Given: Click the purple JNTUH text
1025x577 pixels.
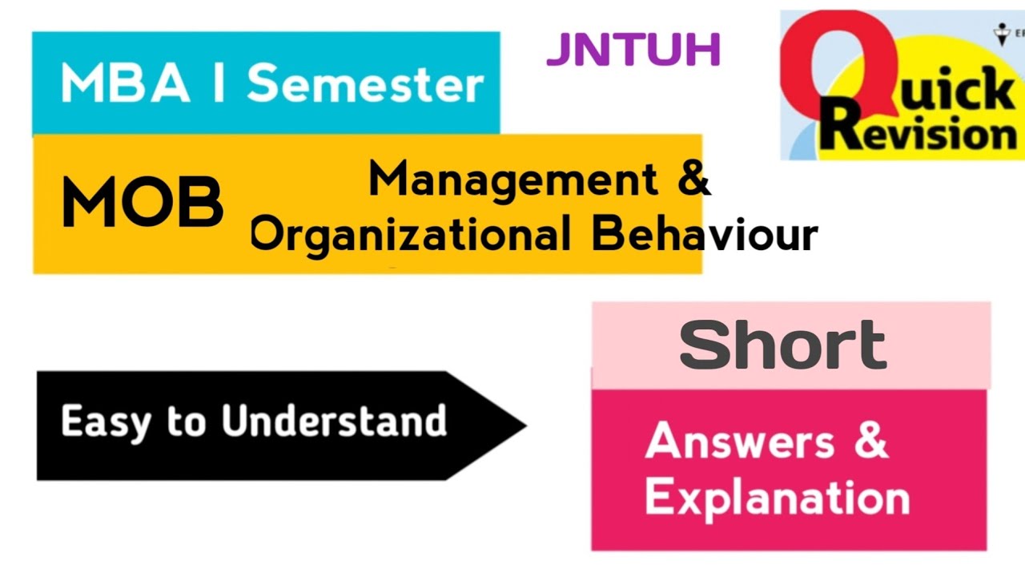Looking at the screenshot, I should pyautogui.click(x=633, y=50).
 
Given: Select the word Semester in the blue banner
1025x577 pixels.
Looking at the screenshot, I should pyautogui.click(x=365, y=84).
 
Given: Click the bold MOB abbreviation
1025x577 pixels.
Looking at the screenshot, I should pyautogui.click(x=143, y=202).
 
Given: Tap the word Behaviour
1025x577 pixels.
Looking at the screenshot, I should pyautogui.click(x=705, y=235).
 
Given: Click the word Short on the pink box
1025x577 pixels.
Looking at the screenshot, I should pyautogui.click(x=782, y=345).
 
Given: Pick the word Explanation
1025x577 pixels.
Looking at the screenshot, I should pyautogui.click(x=777, y=498).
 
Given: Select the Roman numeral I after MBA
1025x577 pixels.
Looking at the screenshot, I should pyautogui.click(x=218, y=84).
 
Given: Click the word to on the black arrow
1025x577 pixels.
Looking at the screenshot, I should pyautogui.click(x=186, y=422).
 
